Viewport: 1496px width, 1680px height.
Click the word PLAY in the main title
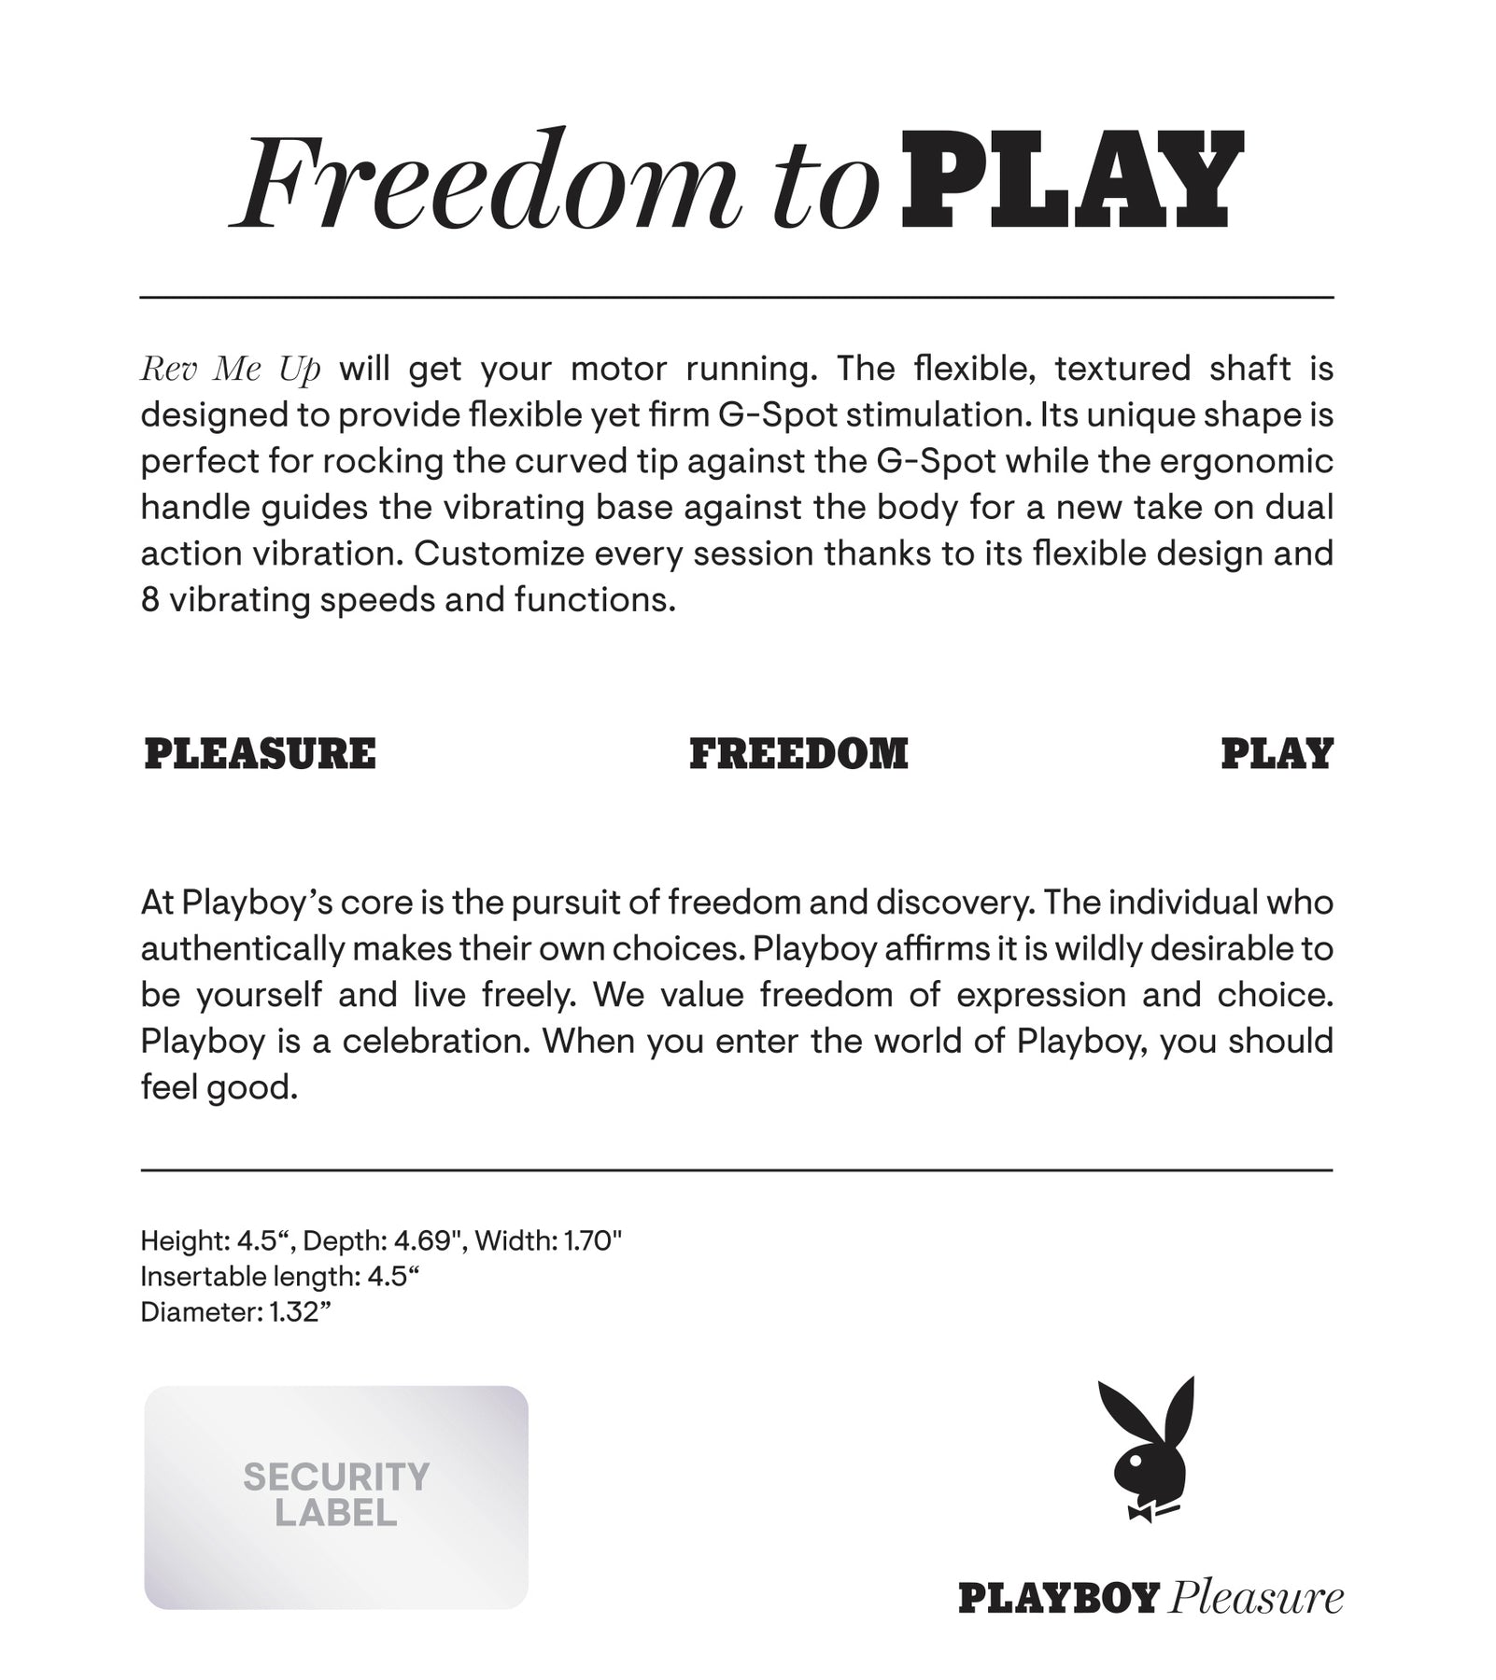coord(1072,183)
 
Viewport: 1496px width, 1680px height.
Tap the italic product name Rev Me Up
coord(231,370)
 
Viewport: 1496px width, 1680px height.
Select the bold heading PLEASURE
coord(261,754)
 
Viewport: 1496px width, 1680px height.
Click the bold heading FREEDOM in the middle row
coord(798,754)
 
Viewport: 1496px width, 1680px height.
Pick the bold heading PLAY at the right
coord(1277,754)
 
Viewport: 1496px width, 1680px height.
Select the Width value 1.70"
coord(592,1241)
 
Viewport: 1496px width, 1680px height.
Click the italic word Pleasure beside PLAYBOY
coord(1256,1599)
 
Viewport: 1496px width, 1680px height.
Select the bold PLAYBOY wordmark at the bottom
coord(1059,1599)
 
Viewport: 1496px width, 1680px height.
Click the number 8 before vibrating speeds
coord(150,600)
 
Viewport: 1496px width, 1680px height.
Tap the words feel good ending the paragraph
coord(219,1087)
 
